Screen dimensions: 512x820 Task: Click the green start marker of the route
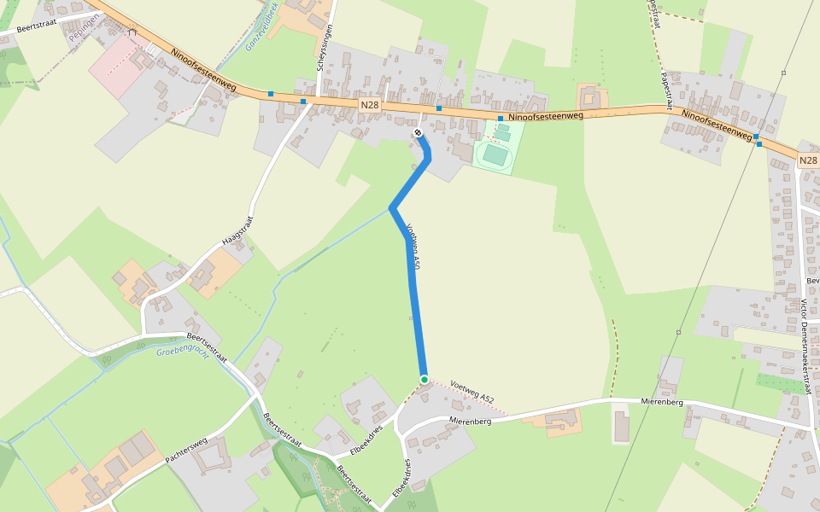(424, 379)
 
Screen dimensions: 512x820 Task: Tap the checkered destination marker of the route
(418, 133)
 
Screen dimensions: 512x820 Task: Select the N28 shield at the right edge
(808, 160)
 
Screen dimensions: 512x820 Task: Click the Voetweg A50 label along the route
(413, 248)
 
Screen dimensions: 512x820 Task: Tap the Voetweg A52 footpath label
(471, 393)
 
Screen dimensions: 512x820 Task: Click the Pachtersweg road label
(186, 451)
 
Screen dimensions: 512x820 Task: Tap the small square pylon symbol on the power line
(678, 331)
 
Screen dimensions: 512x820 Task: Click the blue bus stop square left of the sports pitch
(439, 108)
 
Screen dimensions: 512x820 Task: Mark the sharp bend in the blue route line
(392, 207)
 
